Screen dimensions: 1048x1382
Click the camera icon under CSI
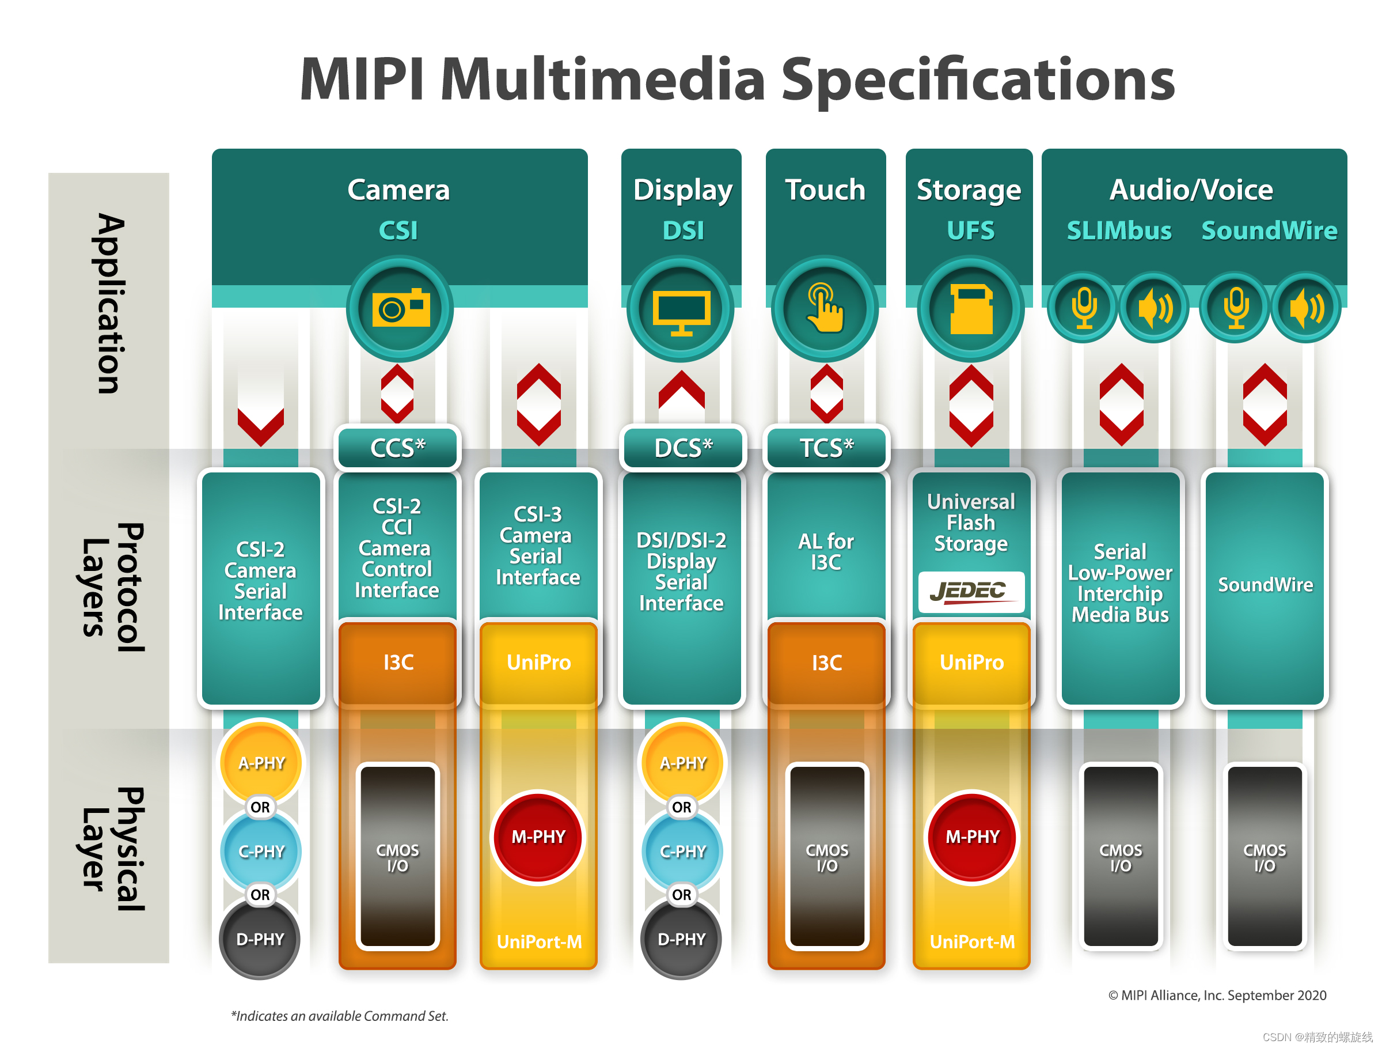400,308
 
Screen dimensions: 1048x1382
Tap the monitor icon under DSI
681,309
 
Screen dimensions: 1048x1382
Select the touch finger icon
825,308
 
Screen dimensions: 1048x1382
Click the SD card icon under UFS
970,309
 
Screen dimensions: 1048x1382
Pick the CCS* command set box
398,448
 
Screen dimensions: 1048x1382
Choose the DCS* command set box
683,448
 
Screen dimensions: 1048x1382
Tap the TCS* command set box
826,448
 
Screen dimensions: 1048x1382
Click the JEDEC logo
970,591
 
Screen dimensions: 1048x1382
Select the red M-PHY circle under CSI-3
538,837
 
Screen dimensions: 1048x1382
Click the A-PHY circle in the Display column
682,762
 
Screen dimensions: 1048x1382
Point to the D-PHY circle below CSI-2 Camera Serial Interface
260,939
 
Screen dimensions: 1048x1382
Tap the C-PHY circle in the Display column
682,851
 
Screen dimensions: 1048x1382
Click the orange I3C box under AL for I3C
826,663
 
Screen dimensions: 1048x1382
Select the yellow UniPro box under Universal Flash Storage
971,663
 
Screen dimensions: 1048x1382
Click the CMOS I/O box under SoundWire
1265,856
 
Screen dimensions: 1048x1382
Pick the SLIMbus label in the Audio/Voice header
1118,230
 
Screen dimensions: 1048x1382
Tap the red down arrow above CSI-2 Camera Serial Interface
260,425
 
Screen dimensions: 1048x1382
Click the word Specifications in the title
978,80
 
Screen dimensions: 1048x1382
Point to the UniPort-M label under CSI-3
538,941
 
